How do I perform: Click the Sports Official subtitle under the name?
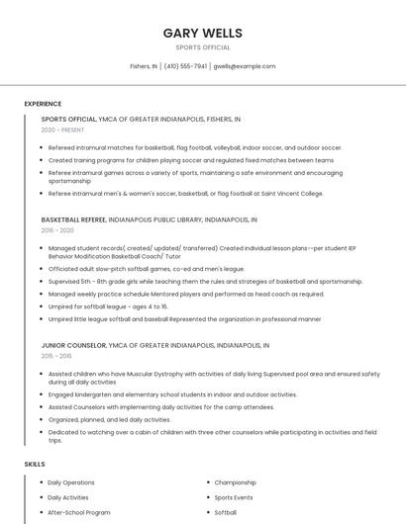[202, 47]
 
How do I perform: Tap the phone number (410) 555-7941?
[185, 66]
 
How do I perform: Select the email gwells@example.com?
[245, 66]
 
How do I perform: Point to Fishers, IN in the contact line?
[144, 66]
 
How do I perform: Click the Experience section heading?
[43, 104]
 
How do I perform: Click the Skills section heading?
[35, 464]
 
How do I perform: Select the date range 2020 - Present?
[62, 130]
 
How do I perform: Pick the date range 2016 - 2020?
[57, 230]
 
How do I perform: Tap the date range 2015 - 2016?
[56, 356]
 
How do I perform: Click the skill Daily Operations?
[71, 482]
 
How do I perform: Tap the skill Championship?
[236, 482]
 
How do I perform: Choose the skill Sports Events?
[234, 497]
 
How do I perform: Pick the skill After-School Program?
[79, 513]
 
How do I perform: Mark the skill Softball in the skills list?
[226, 513]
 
